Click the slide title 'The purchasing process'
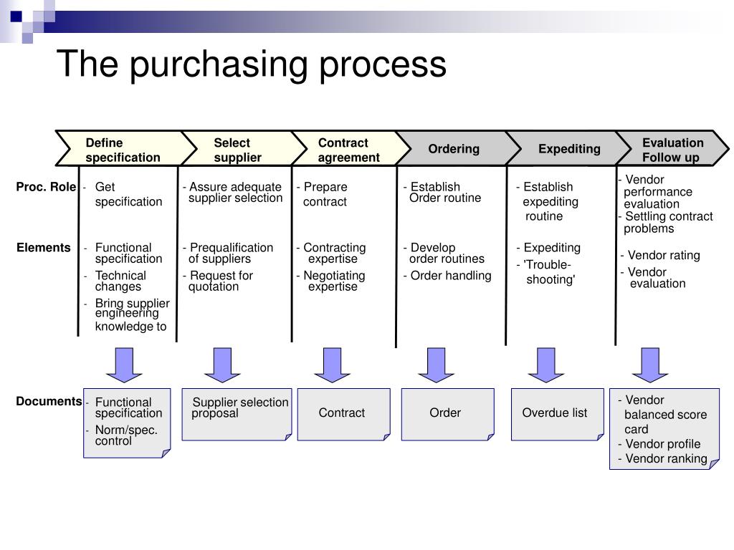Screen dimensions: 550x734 coord(251,64)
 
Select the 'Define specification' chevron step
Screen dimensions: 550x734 coord(123,150)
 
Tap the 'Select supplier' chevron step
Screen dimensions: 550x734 coord(237,150)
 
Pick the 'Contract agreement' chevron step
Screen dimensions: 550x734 coord(348,150)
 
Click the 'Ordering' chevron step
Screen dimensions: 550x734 coord(454,149)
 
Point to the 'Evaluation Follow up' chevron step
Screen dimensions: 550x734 coord(672,150)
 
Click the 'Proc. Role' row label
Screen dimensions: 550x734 coord(46,188)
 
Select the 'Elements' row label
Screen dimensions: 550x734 coord(44,248)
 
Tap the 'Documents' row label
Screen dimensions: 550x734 coord(49,401)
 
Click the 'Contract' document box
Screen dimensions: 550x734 coord(343,413)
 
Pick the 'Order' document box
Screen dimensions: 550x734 coord(446,413)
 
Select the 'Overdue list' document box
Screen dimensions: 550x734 coord(555,413)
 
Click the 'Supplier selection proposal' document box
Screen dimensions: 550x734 coord(237,413)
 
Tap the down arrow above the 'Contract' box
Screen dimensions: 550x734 coord(332,365)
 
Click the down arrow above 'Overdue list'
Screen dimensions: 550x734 coord(546,365)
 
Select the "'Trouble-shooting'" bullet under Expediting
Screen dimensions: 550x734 coord(548,272)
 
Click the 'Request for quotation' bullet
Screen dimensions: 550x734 coord(219,281)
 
